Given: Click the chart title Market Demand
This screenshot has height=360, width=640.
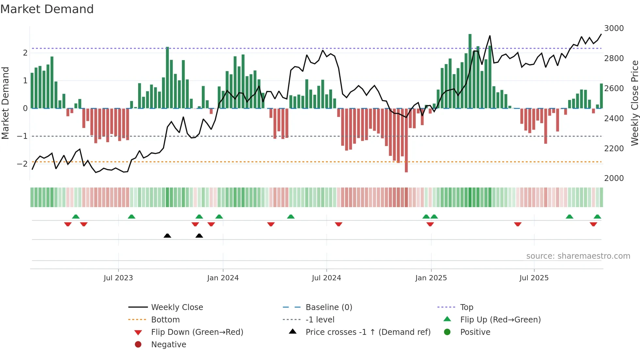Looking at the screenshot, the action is tap(47, 9).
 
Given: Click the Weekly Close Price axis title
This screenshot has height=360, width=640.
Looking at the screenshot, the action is tap(634, 103).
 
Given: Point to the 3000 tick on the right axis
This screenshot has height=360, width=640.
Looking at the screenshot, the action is tap(614, 28).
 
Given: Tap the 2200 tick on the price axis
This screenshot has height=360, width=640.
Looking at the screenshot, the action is tap(614, 149).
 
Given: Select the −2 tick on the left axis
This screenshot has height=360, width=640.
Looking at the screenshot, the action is tap(22, 164).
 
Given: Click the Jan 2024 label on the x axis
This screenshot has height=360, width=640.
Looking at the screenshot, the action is tap(223, 278).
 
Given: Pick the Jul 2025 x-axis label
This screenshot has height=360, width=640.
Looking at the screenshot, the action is tap(534, 278).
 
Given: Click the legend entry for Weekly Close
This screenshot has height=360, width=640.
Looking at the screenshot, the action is tap(177, 307).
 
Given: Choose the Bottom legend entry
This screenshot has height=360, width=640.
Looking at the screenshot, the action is tap(165, 320).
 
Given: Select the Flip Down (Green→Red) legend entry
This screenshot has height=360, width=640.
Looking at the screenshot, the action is tap(197, 332).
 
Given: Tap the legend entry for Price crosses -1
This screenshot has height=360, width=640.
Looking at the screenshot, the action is tap(368, 332).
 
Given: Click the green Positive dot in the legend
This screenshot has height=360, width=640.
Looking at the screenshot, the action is tap(447, 332).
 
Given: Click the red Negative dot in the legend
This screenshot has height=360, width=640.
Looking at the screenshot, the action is tap(138, 345).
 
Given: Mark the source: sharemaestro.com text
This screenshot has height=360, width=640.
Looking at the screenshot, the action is tap(578, 256).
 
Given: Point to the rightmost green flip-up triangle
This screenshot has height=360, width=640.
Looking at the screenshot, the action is tap(597, 217).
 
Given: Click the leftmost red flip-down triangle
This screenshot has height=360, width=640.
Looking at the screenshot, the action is tap(68, 224).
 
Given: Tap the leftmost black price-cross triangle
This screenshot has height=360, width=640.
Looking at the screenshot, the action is tap(167, 236).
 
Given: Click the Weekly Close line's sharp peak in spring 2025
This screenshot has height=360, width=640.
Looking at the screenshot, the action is tap(490, 36).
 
